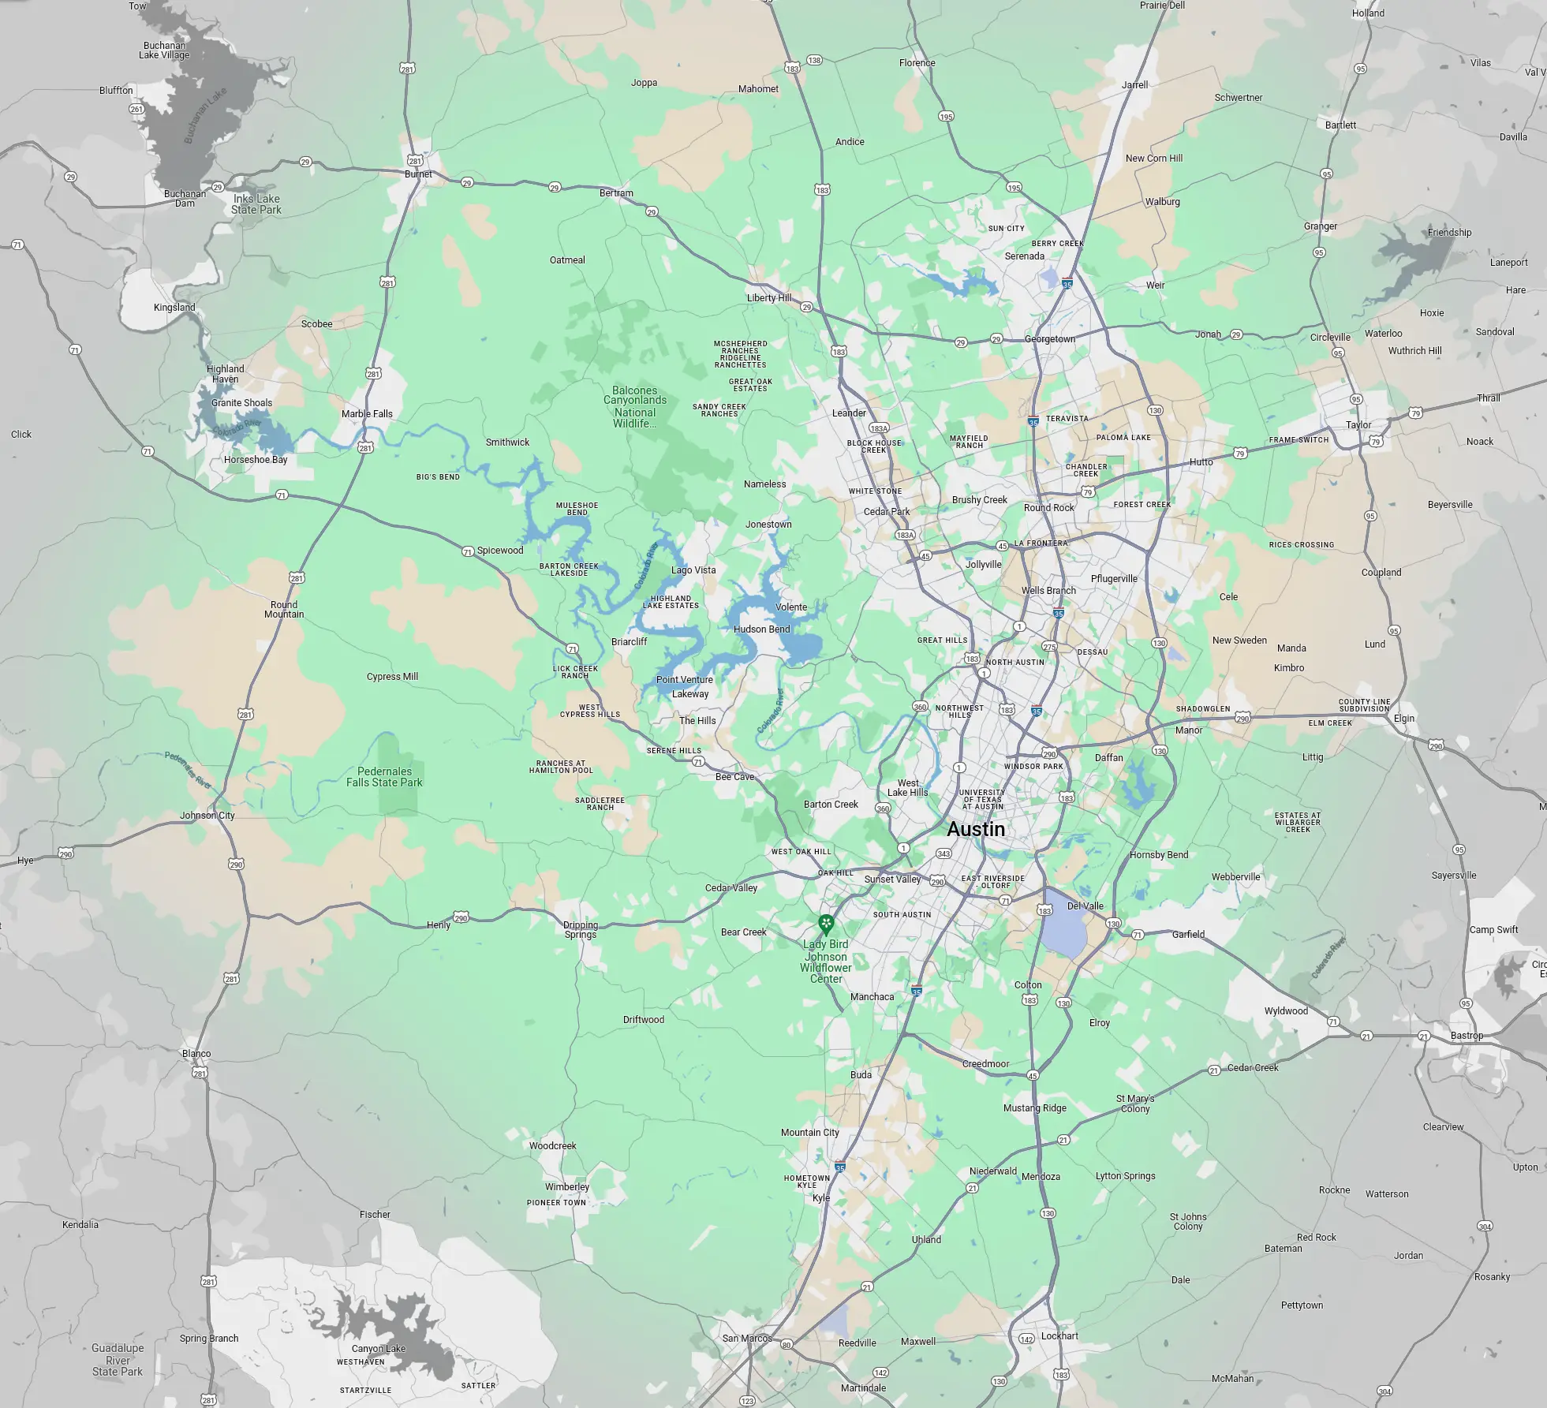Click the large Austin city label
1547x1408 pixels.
pos(976,829)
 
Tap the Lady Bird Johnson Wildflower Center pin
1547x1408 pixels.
pos(826,923)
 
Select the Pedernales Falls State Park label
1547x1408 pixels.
pos(384,777)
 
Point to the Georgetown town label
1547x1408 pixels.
pos(1049,339)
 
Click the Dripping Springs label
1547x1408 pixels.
pos(581,930)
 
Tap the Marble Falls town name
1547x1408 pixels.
pos(367,413)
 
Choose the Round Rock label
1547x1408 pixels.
pos(1048,507)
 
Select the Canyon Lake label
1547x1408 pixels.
pos(379,1348)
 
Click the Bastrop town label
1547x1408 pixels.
pos(1467,1036)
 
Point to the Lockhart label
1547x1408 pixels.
pos(1059,1335)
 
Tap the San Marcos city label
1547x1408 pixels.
pos(747,1338)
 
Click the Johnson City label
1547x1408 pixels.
pos(207,815)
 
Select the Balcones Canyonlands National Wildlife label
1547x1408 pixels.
pos(635,406)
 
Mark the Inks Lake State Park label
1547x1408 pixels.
pos(256,204)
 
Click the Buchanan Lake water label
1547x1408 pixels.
pos(205,114)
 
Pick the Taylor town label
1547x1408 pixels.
pos(1358,424)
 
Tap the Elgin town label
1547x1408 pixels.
pos(1404,718)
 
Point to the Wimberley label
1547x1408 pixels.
pos(567,1186)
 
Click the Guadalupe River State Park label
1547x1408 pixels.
pos(118,1359)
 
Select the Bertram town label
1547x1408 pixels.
pos(616,192)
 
